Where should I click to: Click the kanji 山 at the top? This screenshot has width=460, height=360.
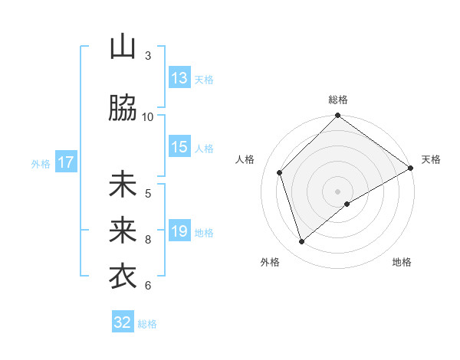(x=123, y=47)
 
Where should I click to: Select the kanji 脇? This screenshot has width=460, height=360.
(x=123, y=109)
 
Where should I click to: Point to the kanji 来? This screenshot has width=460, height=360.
(x=123, y=230)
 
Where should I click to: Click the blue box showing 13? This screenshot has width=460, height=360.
(x=179, y=78)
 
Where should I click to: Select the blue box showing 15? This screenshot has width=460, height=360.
(x=179, y=147)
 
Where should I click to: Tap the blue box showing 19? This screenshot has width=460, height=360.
(x=179, y=231)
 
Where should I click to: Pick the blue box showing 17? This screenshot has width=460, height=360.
(x=66, y=162)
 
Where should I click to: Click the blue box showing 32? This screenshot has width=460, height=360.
(x=123, y=322)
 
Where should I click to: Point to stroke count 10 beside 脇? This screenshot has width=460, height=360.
(x=148, y=116)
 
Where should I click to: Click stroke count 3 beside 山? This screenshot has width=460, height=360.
(x=148, y=55)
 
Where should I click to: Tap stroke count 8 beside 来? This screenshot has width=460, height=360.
(x=148, y=239)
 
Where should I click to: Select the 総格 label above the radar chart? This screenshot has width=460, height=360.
(x=337, y=100)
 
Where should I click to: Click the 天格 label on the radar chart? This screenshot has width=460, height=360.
(x=431, y=159)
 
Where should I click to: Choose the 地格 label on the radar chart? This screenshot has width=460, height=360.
(x=402, y=262)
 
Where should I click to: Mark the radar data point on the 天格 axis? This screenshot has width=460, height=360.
(x=410, y=168)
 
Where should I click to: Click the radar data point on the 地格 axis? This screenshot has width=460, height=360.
(x=347, y=204)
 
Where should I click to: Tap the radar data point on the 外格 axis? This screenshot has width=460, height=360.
(x=302, y=242)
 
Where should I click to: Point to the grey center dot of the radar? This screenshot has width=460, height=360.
(x=337, y=191)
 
